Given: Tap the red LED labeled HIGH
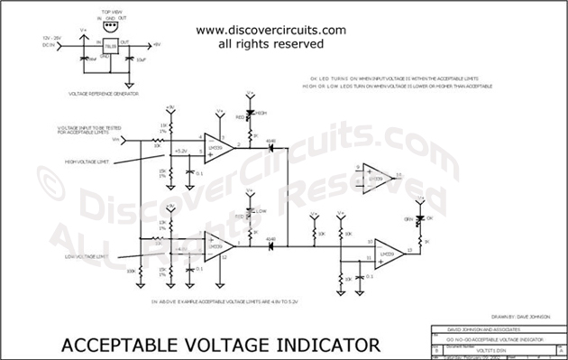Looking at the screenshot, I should [x=249, y=116].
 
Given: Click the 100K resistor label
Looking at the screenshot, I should [x=130, y=270].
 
